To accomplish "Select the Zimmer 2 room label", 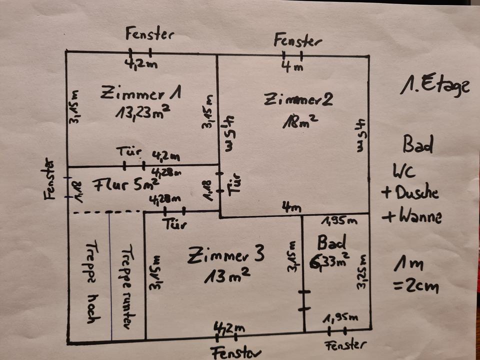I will [x=298, y=99].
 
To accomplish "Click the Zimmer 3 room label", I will [x=225, y=256].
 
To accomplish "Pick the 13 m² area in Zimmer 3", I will [x=226, y=275].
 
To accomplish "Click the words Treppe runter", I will [x=125, y=286].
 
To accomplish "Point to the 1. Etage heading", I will [x=434, y=86].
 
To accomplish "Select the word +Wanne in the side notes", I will [x=411, y=216].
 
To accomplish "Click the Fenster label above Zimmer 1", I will [x=149, y=34].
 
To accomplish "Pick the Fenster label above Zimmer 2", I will [x=297, y=40].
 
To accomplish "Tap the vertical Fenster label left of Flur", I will [x=49, y=178].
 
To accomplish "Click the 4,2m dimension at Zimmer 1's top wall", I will [x=140, y=64].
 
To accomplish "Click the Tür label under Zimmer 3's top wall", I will [x=174, y=224].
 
